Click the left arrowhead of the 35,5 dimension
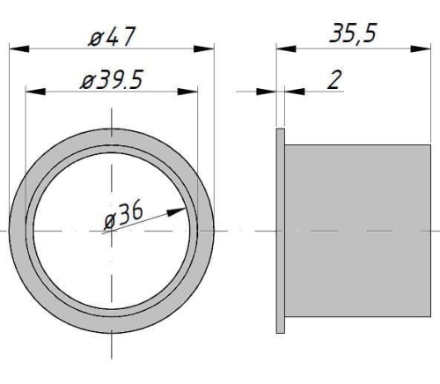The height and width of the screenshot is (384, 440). (283, 48)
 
